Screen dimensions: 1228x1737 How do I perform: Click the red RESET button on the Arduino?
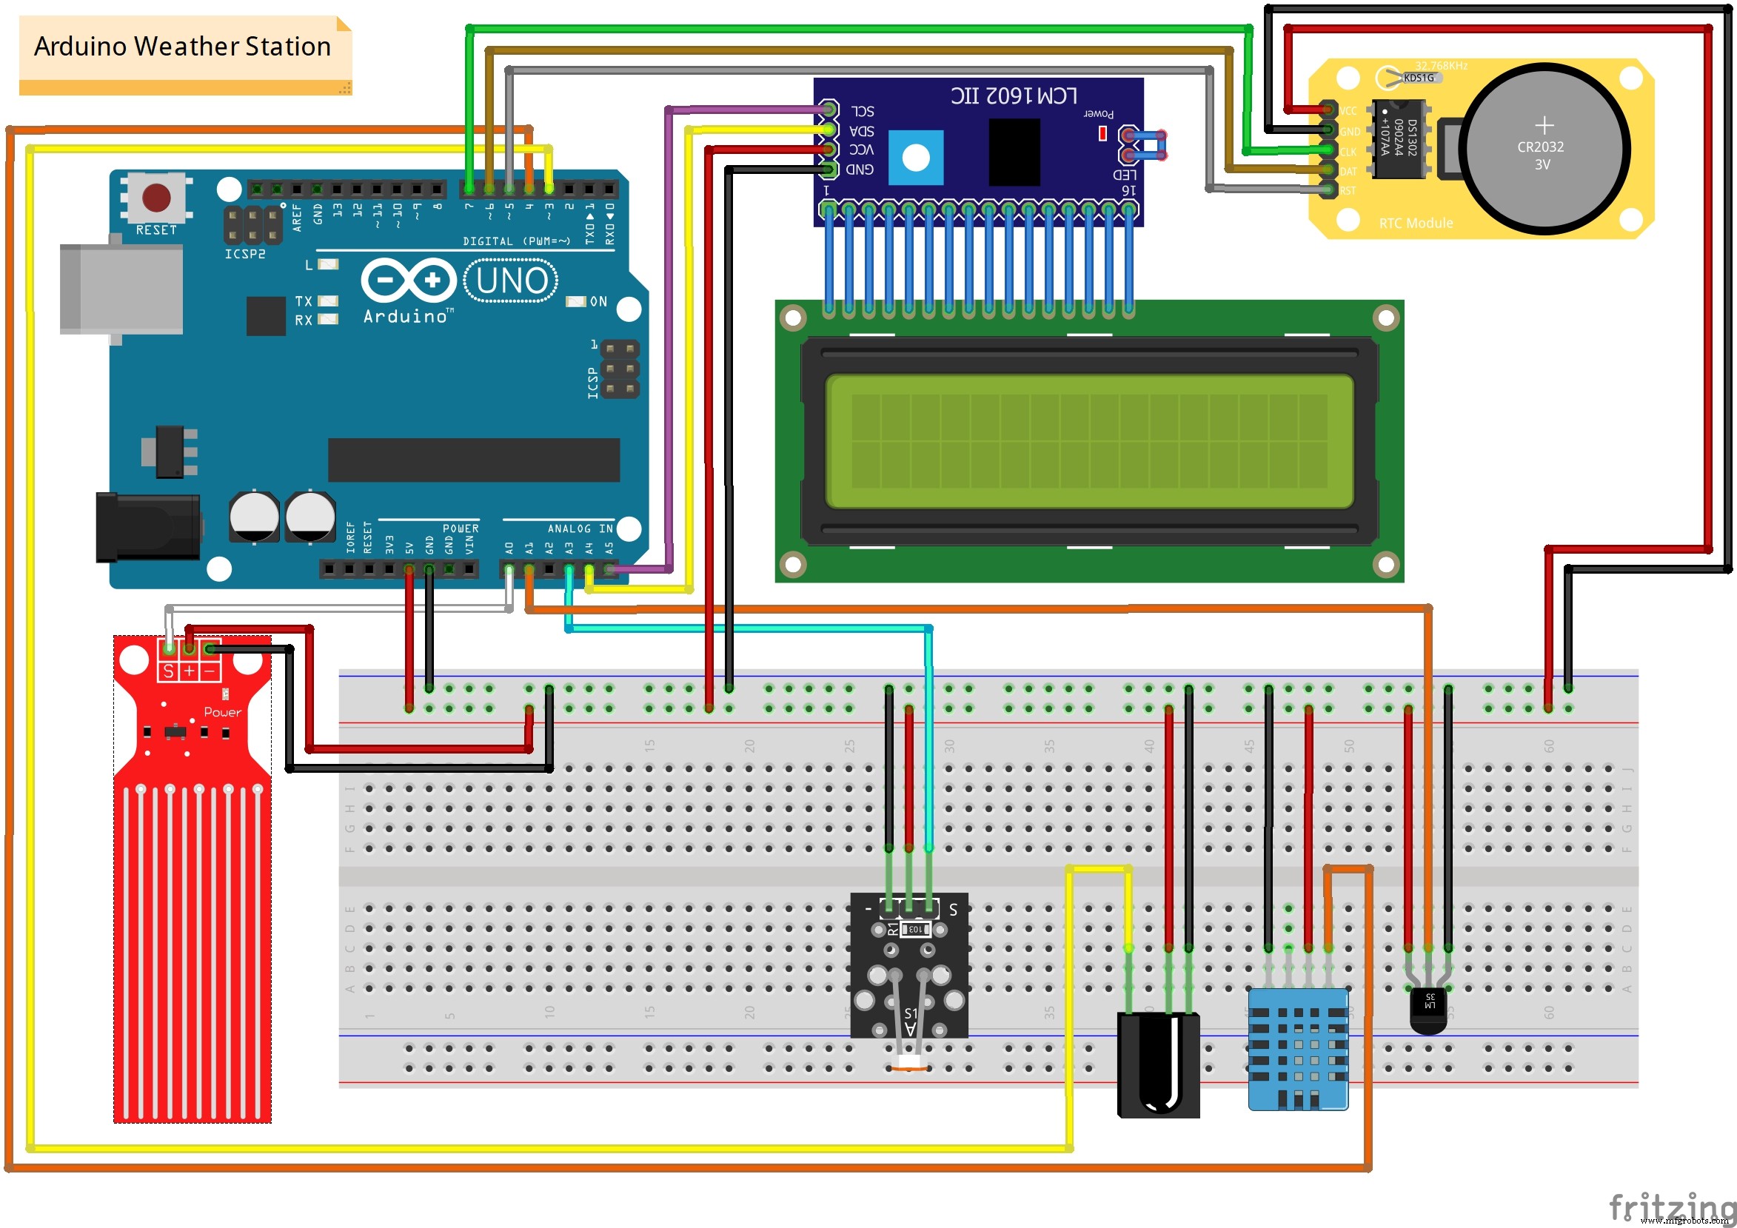[x=155, y=198]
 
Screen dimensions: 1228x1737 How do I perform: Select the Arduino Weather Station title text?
[x=182, y=47]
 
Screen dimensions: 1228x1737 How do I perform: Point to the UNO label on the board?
[x=512, y=281]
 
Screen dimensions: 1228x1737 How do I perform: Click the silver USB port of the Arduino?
[x=121, y=289]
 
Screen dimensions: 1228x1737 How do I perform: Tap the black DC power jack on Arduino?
[x=147, y=527]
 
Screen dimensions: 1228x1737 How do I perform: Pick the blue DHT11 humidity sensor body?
[x=1297, y=1049]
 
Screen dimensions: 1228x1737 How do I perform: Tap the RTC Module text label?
[x=1416, y=223]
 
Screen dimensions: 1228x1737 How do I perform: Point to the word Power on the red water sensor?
[x=222, y=712]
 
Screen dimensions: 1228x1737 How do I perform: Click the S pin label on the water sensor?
[x=168, y=671]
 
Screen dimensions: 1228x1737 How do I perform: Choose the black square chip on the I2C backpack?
[x=1014, y=152]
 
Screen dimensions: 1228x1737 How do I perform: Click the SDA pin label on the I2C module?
[x=862, y=131]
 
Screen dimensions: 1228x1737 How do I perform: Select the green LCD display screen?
[x=1088, y=441]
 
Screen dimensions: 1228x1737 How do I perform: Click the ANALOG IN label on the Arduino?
[x=580, y=529]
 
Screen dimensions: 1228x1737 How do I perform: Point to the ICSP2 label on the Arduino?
[x=244, y=254]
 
